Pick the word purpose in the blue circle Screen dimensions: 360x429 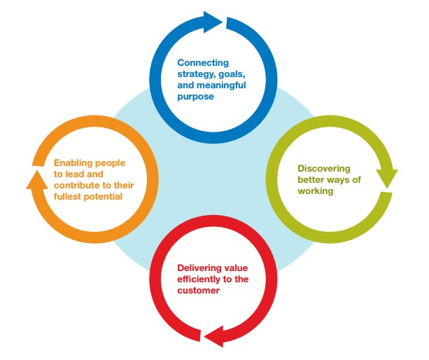tap(195, 97)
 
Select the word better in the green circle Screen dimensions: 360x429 tap(313, 180)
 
